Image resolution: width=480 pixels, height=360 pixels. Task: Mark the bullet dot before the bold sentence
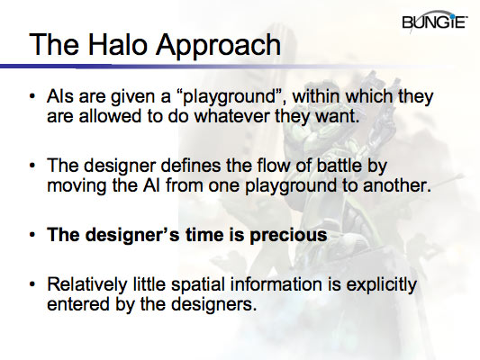[x=33, y=236]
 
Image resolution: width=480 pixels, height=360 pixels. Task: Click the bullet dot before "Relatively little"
[x=33, y=285]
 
